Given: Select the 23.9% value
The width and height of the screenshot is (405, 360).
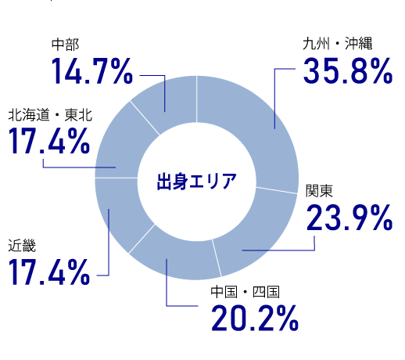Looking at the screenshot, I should [349, 218].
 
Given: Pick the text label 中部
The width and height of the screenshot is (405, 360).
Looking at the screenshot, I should [64, 45].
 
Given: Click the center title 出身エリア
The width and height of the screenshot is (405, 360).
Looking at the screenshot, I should [196, 182].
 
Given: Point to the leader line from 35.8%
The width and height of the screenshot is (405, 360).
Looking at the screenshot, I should [275, 94].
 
